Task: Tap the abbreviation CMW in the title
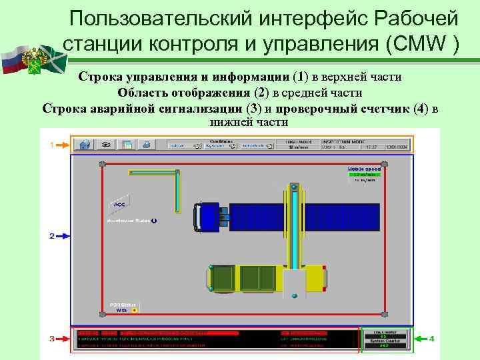(415, 44)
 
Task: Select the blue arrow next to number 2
(61, 236)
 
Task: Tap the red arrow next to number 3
(62, 339)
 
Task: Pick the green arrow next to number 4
(421, 339)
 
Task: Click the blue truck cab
(209, 217)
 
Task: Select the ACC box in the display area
(119, 203)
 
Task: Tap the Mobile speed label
(364, 170)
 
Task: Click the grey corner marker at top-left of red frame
(102, 164)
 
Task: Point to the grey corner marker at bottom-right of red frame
(383, 313)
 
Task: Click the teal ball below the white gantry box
(295, 295)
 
